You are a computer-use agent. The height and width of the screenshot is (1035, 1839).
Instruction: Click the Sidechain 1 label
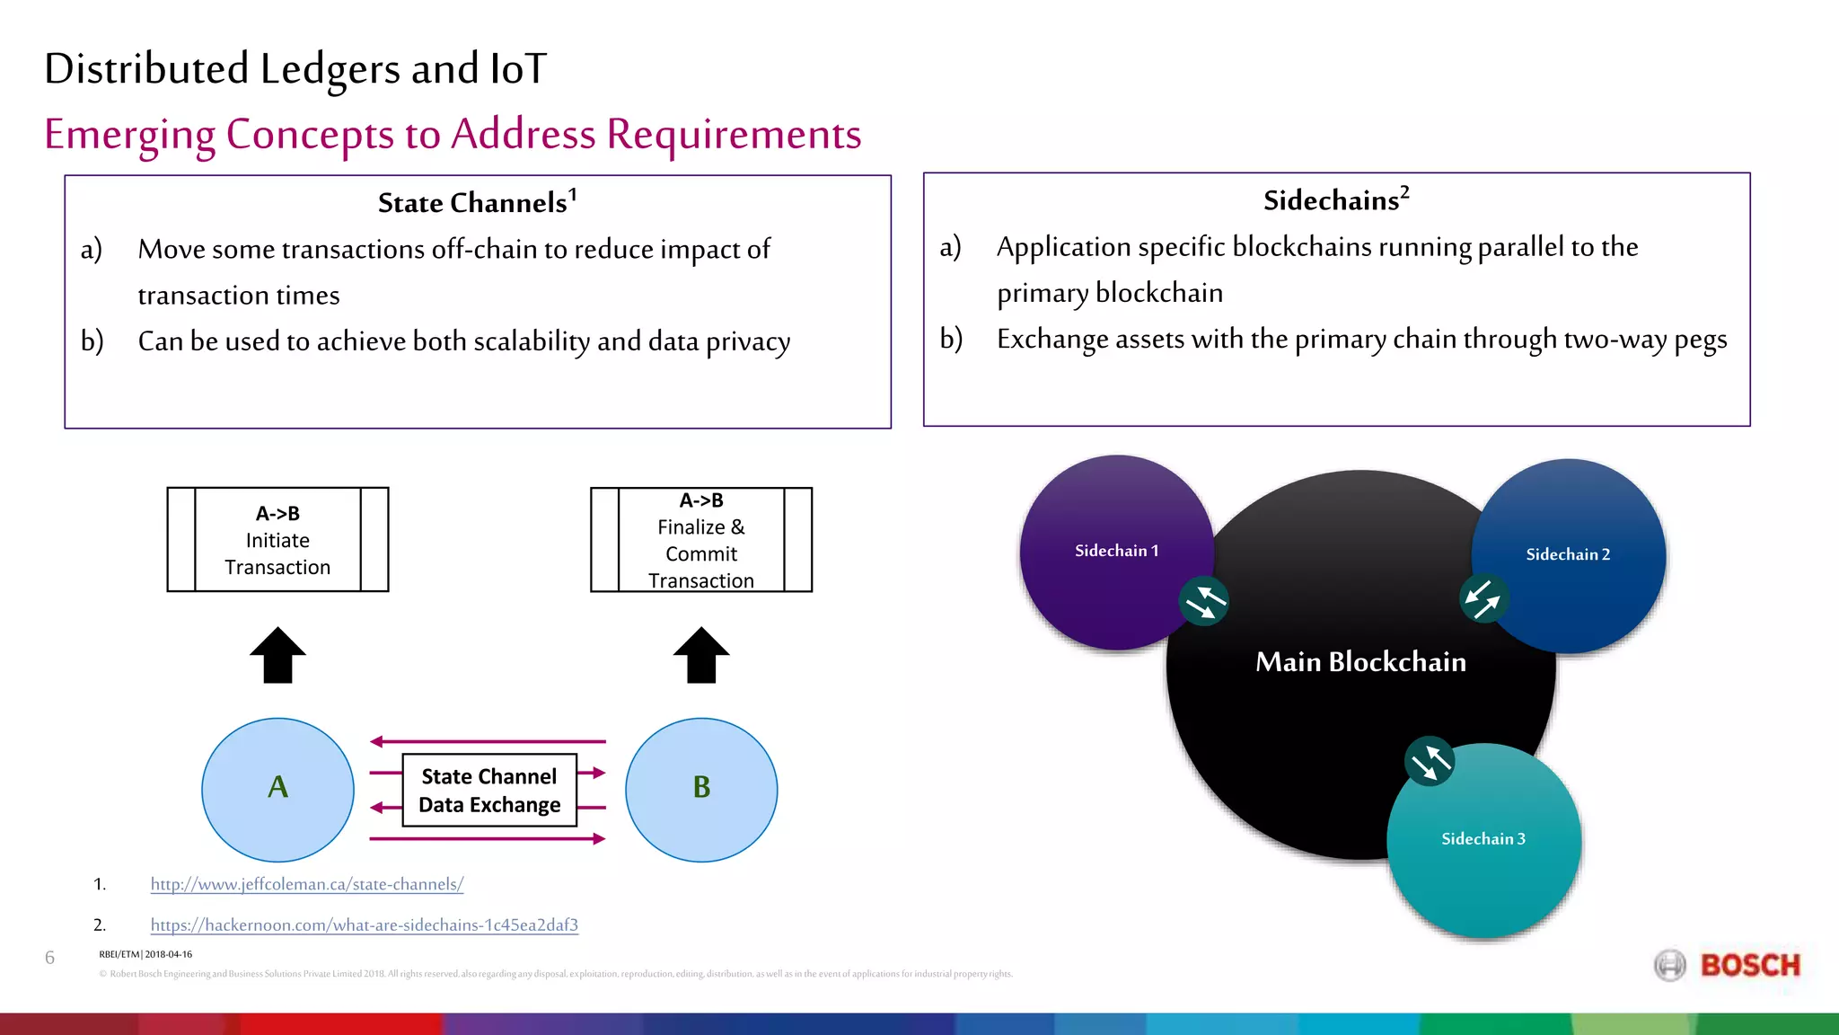tap(1116, 551)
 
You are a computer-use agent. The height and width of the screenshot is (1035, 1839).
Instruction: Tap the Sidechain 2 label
tap(1568, 554)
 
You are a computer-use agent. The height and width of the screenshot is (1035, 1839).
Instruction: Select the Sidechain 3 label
tap(1483, 838)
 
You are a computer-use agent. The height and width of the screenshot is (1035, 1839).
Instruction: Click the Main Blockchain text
tap(1360, 662)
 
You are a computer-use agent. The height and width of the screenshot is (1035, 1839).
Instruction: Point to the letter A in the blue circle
tap(277, 787)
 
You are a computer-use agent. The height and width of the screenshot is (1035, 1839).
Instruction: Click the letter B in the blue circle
tap(701, 787)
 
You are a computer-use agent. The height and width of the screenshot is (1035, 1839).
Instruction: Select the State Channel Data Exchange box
tap(489, 790)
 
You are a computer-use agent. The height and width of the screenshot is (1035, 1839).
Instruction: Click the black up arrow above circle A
tap(277, 655)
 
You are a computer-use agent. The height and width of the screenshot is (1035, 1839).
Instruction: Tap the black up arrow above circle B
tap(701, 655)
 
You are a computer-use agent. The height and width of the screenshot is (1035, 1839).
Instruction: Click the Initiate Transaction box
tap(277, 540)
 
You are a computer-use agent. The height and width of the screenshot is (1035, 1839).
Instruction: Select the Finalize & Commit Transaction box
tap(701, 540)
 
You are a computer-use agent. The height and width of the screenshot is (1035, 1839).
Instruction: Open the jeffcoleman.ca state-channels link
tap(306, 884)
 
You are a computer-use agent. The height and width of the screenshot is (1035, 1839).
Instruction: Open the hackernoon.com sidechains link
tap(364, 924)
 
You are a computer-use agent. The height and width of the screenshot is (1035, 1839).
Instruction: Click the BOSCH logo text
tap(1749, 966)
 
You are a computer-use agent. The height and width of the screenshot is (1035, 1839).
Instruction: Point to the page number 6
tap(49, 958)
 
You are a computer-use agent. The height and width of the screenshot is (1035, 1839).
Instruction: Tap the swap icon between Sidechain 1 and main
tap(1203, 601)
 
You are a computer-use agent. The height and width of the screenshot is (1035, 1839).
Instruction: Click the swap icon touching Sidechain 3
tap(1429, 762)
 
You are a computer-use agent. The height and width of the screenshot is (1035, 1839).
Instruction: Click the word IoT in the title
tap(518, 69)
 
